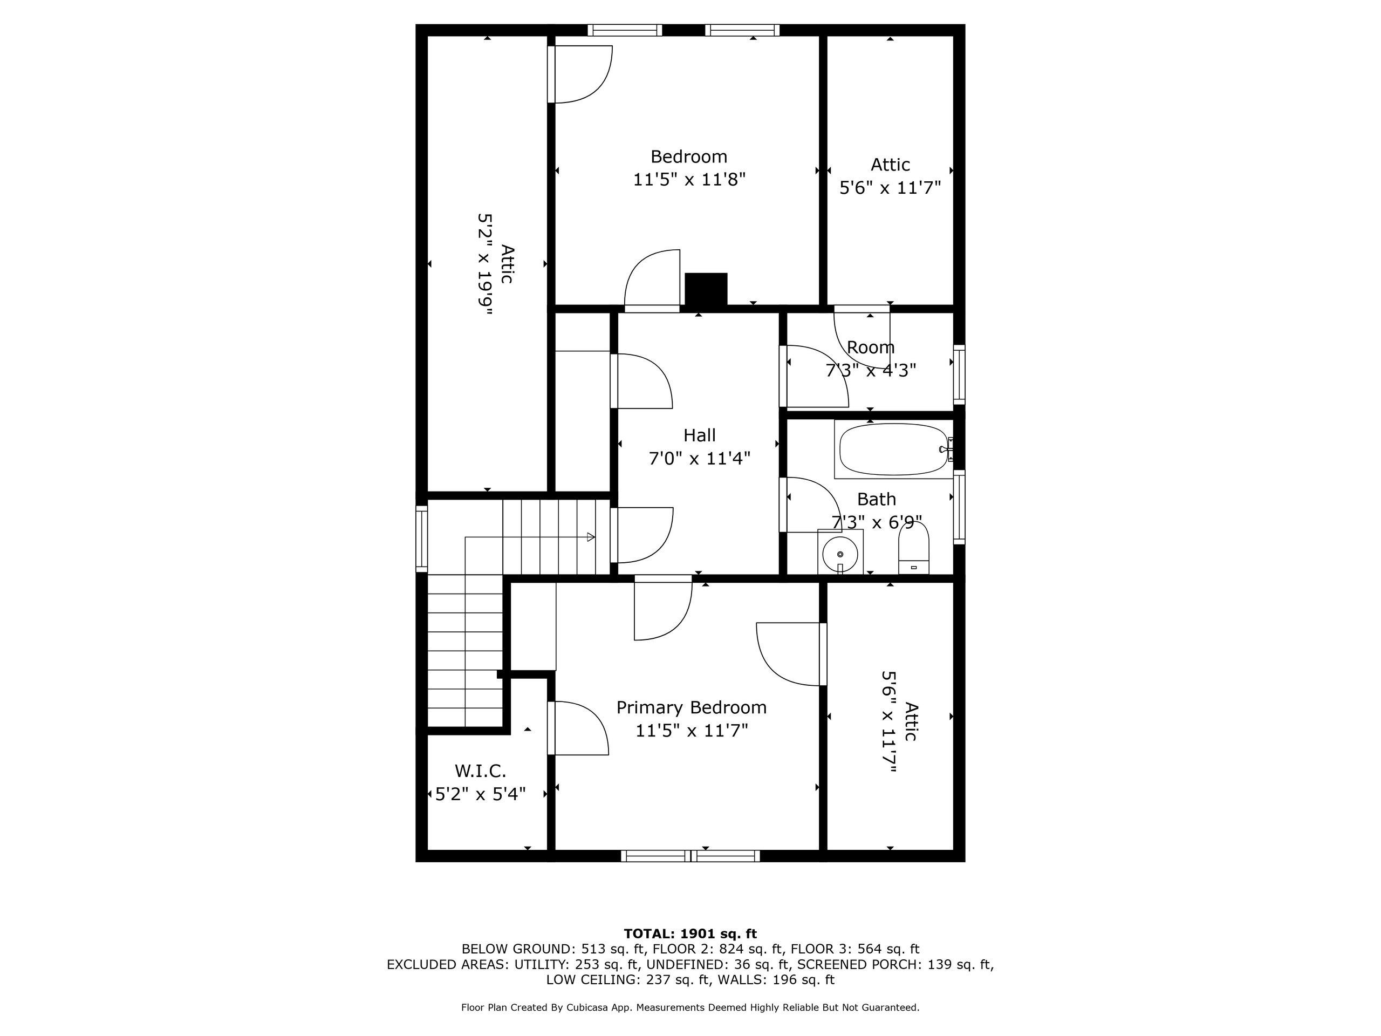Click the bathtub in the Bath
click(893, 449)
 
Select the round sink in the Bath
click(840, 553)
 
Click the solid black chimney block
click(706, 289)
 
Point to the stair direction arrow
click(590, 537)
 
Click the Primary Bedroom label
click(691, 707)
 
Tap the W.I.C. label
click(480, 771)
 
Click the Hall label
click(699, 435)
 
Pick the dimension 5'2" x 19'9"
click(485, 264)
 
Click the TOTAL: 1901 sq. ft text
click(690, 933)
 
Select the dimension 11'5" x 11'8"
click(689, 180)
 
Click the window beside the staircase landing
click(422, 539)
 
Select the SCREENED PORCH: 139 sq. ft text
click(894, 964)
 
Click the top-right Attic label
click(890, 165)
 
